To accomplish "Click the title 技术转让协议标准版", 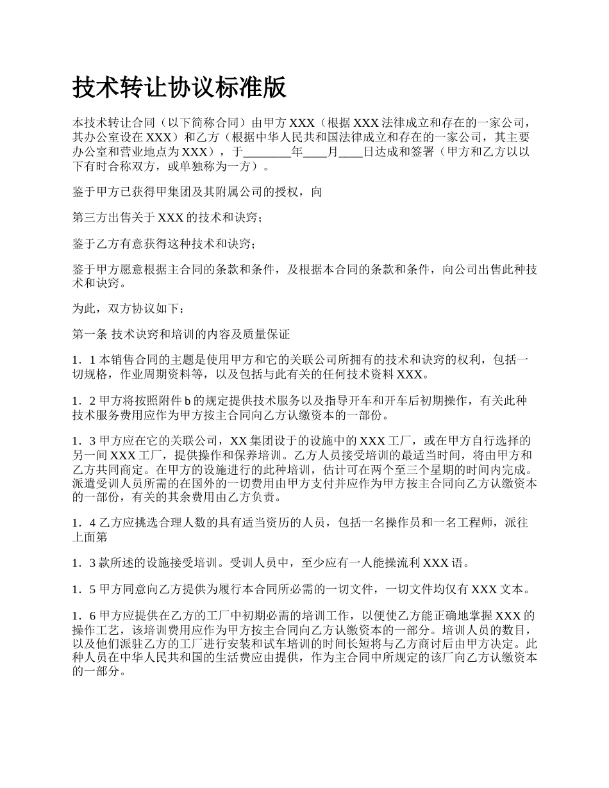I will (x=179, y=88).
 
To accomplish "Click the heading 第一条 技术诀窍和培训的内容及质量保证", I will (x=181, y=334).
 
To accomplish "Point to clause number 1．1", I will (x=84, y=360).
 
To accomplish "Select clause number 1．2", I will (x=84, y=401).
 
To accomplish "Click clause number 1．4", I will (x=84, y=523).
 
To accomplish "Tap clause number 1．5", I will (x=84, y=589).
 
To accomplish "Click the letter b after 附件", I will (x=188, y=401).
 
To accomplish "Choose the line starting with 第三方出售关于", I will (x=167, y=218).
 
